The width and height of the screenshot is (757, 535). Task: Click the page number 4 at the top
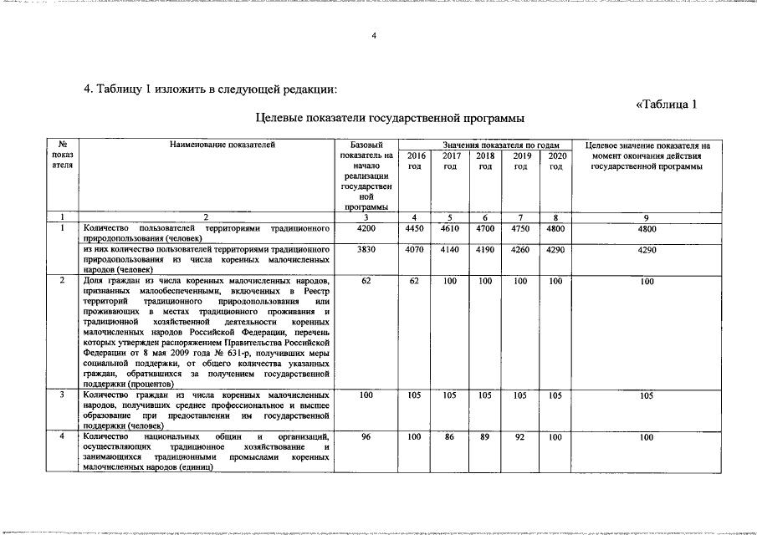(x=374, y=35)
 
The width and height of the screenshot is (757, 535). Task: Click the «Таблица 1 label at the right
(x=666, y=104)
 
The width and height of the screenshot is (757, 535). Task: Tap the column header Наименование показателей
(x=222, y=145)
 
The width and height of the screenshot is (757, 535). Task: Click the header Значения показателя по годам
(x=485, y=145)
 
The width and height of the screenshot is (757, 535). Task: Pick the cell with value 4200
(x=366, y=228)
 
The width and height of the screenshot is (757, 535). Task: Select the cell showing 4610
(x=450, y=228)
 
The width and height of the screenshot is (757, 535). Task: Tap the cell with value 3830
(x=366, y=249)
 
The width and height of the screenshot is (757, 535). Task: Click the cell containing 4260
(x=520, y=249)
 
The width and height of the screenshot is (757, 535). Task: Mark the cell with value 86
(x=450, y=436)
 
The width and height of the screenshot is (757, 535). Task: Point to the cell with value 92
(x=520, y=436)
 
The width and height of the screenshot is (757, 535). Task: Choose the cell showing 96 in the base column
(x=366, y=436)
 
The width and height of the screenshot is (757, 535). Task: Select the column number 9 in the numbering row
(x=646, y=217)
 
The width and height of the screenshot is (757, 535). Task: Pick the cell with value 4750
(x=520, y=228)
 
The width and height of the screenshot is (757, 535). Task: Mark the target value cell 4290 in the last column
(x=646, y=249)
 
